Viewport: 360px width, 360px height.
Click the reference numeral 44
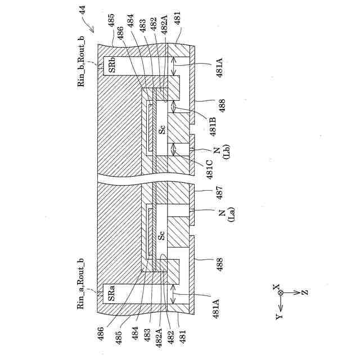click(x=83, y=9)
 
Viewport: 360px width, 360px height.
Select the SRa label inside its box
click(x=112, y=292)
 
